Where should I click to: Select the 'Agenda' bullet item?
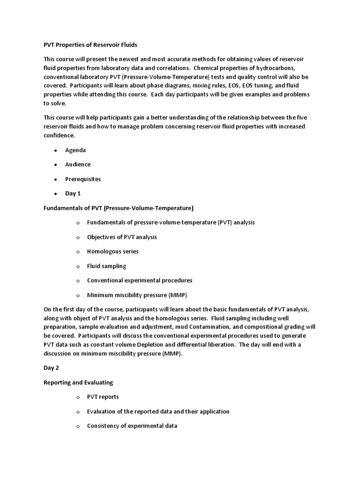click(75, 150)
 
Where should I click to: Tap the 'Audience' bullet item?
click(78, 165)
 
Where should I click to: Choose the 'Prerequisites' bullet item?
click(83, 179)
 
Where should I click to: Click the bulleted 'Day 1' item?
click(73, 193)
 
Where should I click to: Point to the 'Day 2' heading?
click(51, 368)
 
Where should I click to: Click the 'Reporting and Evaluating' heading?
click(78, 382)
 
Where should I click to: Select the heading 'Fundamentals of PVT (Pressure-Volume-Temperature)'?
click(118, 208)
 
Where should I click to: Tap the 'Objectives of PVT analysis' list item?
click(122, 237)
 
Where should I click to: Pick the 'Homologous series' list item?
click(112, 251)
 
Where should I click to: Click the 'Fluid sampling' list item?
click(106, 266)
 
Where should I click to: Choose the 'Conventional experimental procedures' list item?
click(140, 280)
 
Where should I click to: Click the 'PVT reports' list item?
click(103, 397)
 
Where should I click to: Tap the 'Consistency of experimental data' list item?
click(132, 426)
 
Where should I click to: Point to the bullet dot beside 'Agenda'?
click(55, 150)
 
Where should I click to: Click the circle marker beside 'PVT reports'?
click(78, 397)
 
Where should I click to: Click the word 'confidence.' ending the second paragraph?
click(59, 135)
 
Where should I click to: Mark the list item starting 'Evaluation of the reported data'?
click(158, 412)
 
